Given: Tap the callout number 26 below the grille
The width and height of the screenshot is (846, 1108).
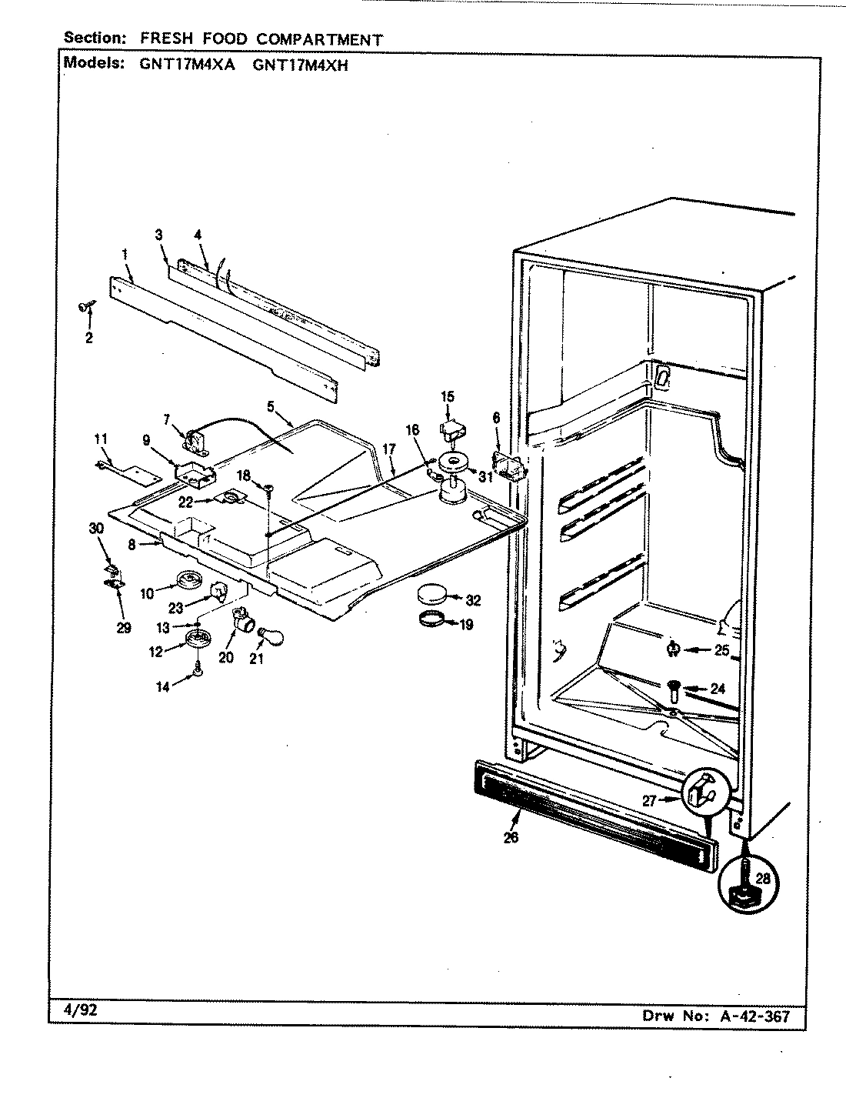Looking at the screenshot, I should coord(510,837).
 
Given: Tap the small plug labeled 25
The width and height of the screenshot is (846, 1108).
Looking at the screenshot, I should coord(673,650).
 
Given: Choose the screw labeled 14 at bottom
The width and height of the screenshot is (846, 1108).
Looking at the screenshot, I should coord(198,671).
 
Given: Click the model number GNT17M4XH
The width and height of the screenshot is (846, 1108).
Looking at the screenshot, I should coord(301,65).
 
